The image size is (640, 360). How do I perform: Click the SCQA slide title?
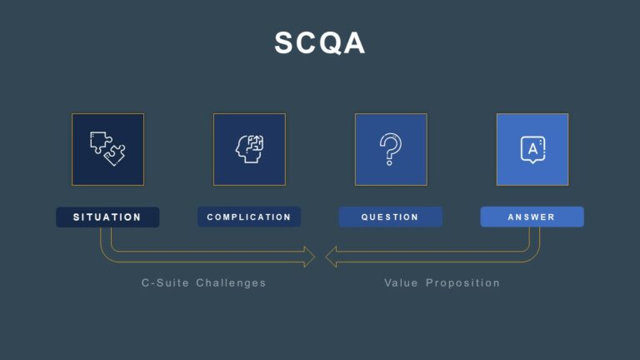point(320,43)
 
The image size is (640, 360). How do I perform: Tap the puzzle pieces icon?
point(107,149)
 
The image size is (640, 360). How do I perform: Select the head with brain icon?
point(249,149)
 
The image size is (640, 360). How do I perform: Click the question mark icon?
point(391,149)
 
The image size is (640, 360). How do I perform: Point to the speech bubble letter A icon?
point(532,149)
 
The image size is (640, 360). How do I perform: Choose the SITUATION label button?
point(107,217)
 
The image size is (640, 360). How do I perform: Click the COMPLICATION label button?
point(249,217)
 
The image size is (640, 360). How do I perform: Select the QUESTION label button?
point(391,217)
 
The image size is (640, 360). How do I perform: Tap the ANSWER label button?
point(532,217)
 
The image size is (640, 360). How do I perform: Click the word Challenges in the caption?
point(231,283)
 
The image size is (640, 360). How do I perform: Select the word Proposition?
point(463,283)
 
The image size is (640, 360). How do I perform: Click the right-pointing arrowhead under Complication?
point(308,257)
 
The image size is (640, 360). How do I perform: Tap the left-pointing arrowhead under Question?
point(332,257)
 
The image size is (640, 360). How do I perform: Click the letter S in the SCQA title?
point(286,43)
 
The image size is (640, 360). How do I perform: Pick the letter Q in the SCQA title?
point(331,43)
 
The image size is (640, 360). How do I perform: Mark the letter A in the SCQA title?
point(354,43)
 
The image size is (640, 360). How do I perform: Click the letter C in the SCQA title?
point(308,43)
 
